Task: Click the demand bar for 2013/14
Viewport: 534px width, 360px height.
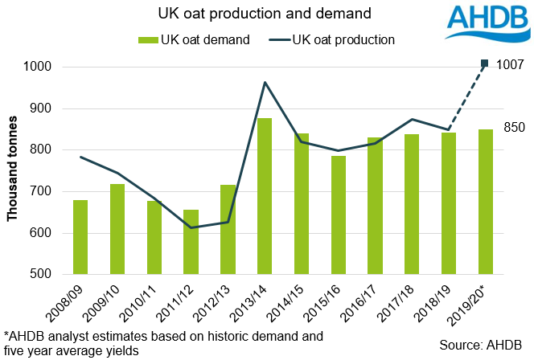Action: [265, 196]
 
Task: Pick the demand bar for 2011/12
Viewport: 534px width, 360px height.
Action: [191, 242]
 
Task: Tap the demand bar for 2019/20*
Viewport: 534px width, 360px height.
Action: [485, 202]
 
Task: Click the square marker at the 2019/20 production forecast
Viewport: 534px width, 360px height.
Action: [485, 63]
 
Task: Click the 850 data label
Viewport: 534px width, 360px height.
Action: [515, 127]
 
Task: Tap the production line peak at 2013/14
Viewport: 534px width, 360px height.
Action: [265, 82]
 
